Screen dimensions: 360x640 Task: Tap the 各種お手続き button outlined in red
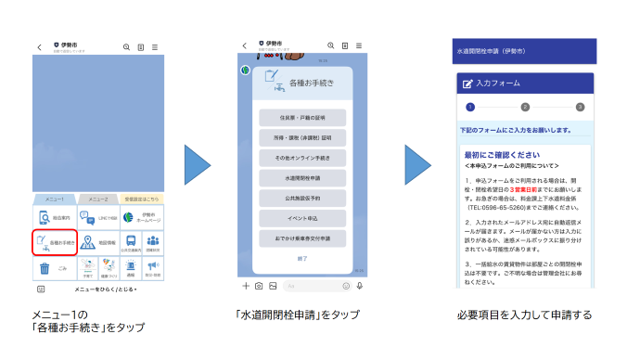point(55,242)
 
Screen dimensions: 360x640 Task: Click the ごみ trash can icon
point(44,269)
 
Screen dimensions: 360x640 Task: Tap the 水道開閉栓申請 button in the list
point(302,176)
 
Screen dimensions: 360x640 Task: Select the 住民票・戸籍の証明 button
point(302,117)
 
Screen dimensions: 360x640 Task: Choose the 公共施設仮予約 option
point(302,197)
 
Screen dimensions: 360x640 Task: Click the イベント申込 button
point(302,217)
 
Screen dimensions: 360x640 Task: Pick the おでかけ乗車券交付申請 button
point(302,238)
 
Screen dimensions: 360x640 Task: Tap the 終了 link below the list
point(302,258)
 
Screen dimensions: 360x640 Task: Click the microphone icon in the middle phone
point(360,286)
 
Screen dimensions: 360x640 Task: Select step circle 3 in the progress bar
point(580,108)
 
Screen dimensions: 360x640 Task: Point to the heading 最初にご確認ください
point(502,154)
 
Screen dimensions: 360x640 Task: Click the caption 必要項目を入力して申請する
point(523,315)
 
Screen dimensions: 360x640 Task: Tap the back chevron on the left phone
point(39,46)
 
